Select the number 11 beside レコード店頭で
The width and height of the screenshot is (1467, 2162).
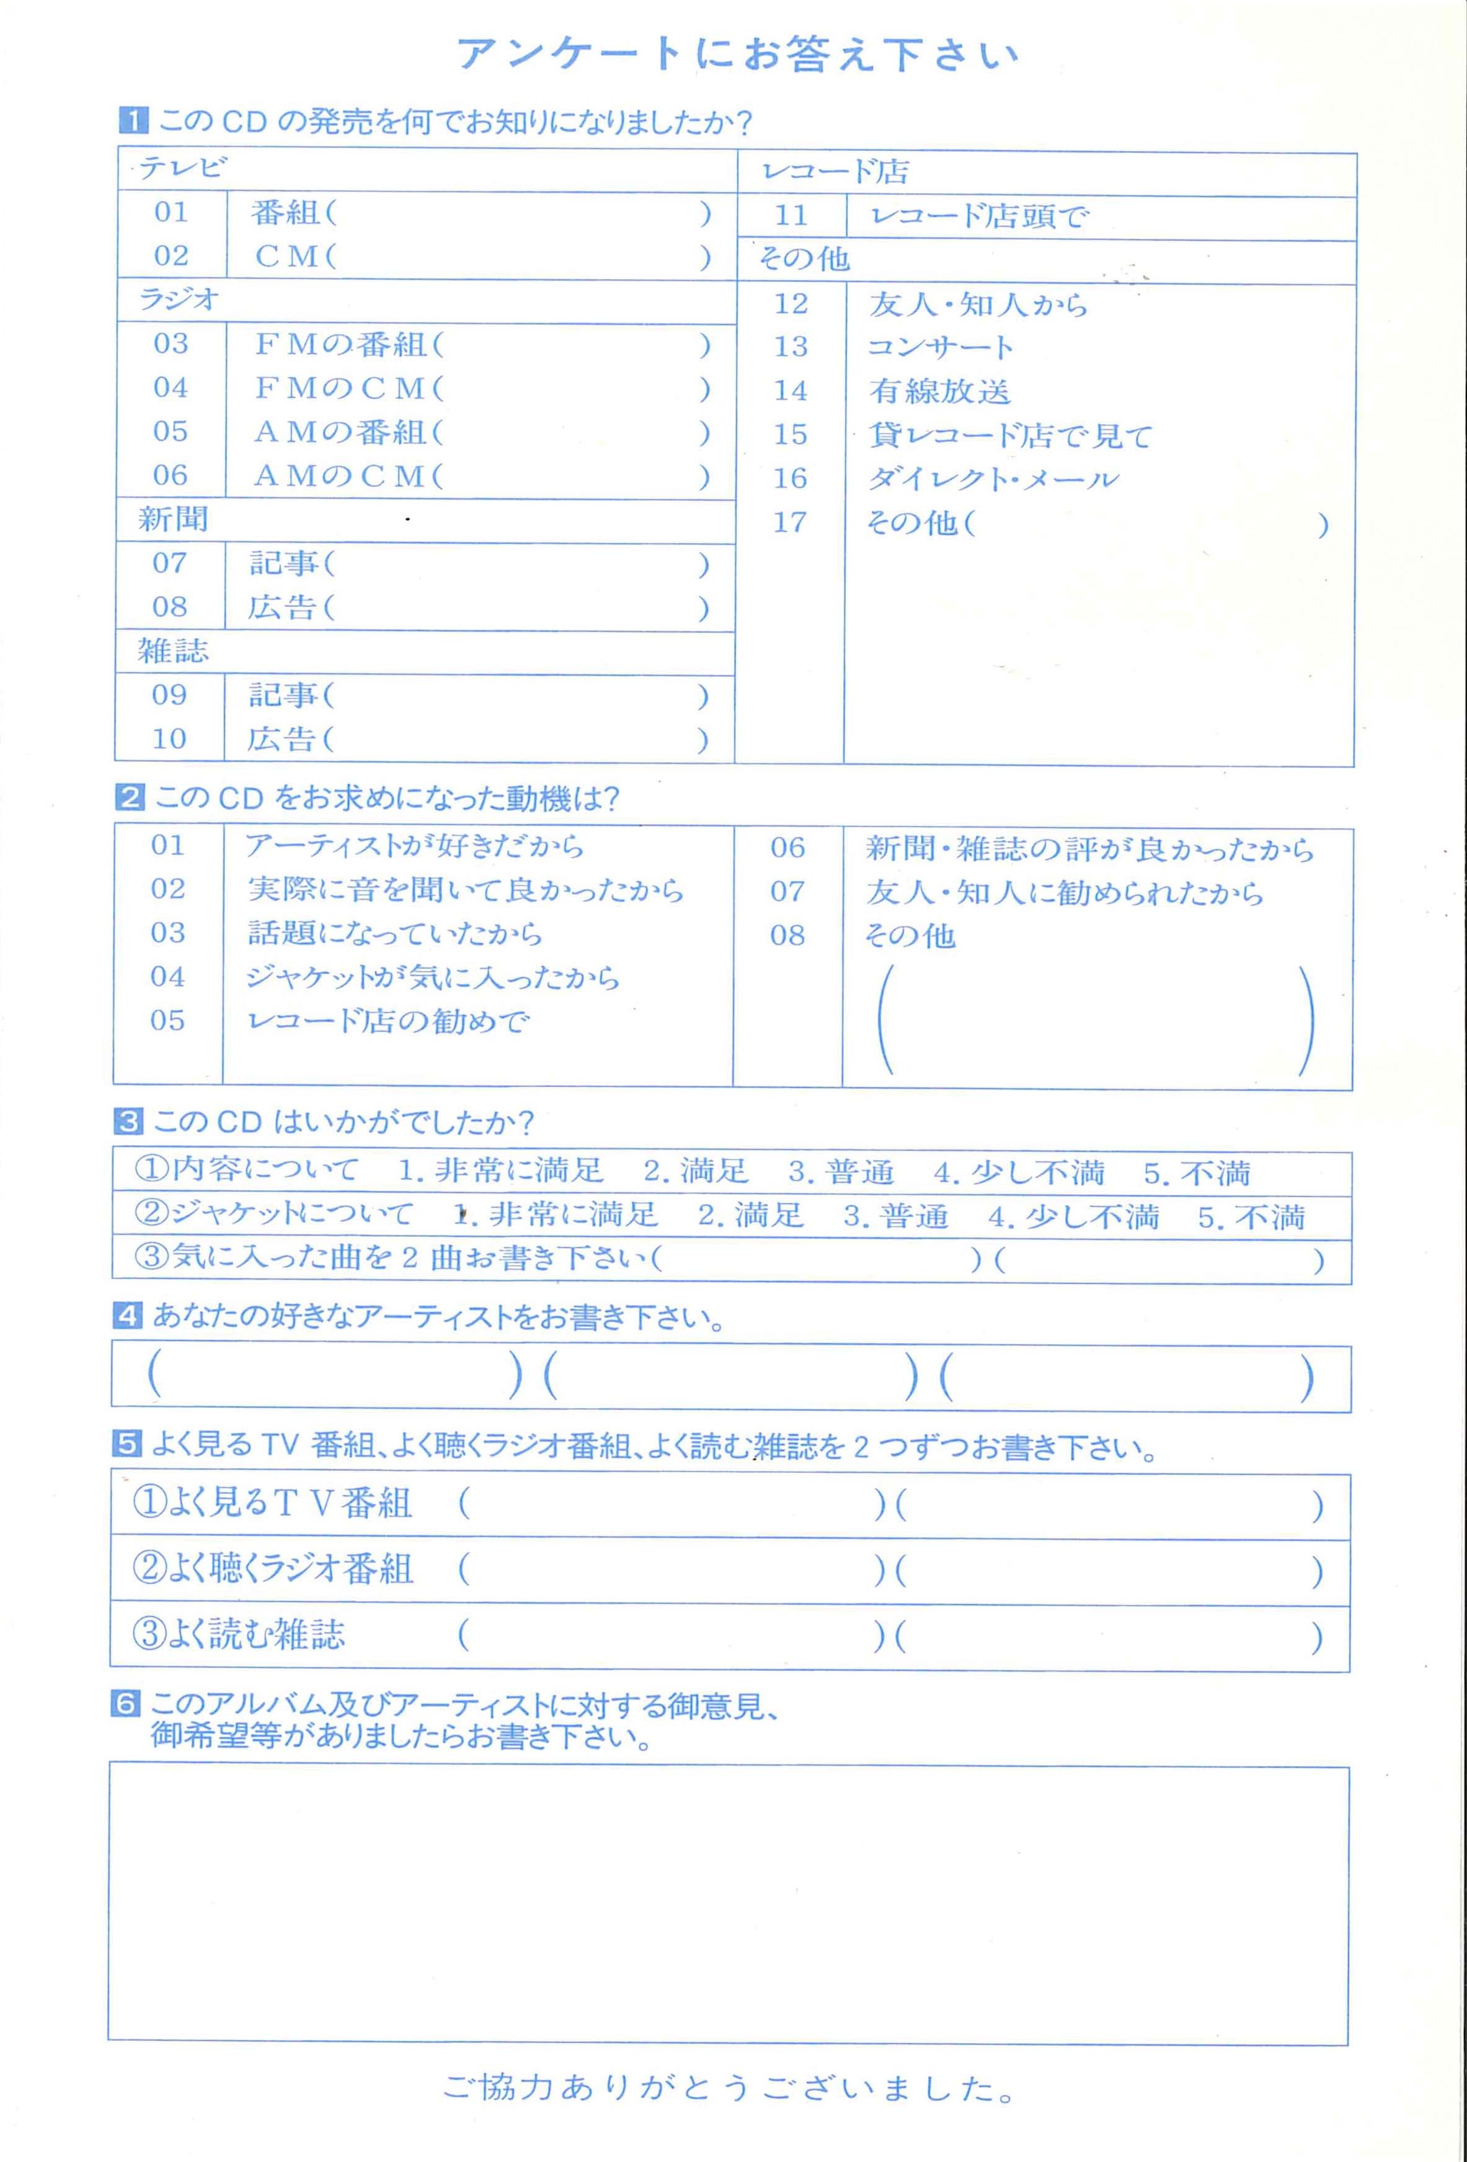tap(791, 216)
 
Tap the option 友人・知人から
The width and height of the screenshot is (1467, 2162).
tap(978, 304)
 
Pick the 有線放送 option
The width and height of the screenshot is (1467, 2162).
tap(939, 391)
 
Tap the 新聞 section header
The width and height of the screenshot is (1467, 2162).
tap(173, 519)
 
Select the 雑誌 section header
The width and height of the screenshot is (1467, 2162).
tap(173, 650)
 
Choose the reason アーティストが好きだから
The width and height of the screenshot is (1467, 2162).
tap(415, 846)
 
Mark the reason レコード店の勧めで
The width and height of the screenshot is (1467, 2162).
tap(388, 1021)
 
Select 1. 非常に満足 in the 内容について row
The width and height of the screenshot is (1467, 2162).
tap(500, 1171)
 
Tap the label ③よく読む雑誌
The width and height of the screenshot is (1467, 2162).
tap(239, 1634)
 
